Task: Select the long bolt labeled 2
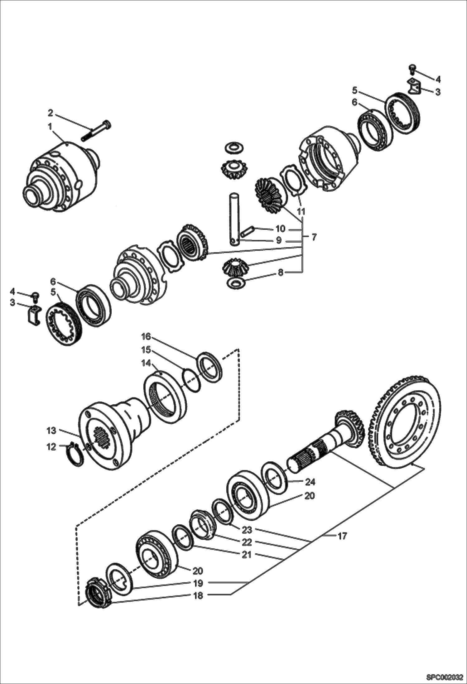[96, 131]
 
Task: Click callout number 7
[314, 237]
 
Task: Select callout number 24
[310, 482]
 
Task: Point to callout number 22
[247, 542]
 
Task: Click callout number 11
[301, 211]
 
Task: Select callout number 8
[281, 272]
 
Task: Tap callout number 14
[146, 363]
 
